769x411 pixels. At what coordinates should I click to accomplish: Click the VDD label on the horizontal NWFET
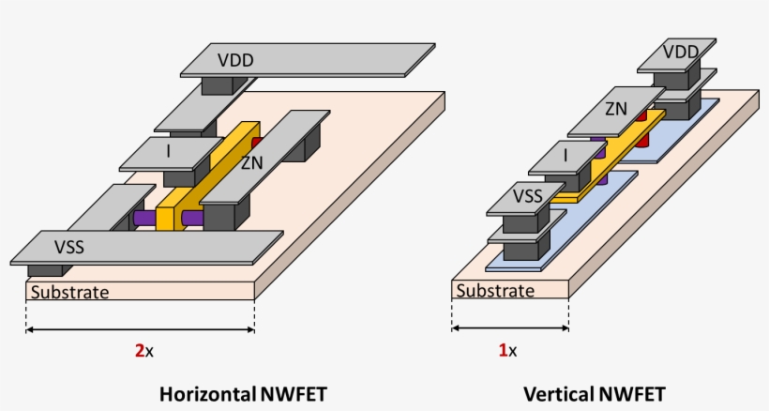click(235, 61)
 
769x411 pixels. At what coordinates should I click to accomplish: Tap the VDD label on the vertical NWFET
click(681, 52)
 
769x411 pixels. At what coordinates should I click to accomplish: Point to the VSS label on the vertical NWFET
click(528, 197)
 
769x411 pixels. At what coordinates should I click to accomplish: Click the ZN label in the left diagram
click(251, 163)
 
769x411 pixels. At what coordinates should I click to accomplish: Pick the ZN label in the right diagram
click(616, 109)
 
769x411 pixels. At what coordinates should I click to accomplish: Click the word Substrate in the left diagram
click(70, 292)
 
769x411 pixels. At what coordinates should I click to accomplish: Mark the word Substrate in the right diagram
click(495, 291)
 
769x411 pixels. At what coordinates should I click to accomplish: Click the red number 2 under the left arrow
click(139, 351)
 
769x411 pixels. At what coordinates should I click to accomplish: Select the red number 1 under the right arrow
click(503, 351)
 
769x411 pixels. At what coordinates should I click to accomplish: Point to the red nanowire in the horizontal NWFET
click(256, 141)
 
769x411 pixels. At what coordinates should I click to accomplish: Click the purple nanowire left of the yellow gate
click(144, 217)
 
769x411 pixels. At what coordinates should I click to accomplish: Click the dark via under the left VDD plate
click(219, 84)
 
